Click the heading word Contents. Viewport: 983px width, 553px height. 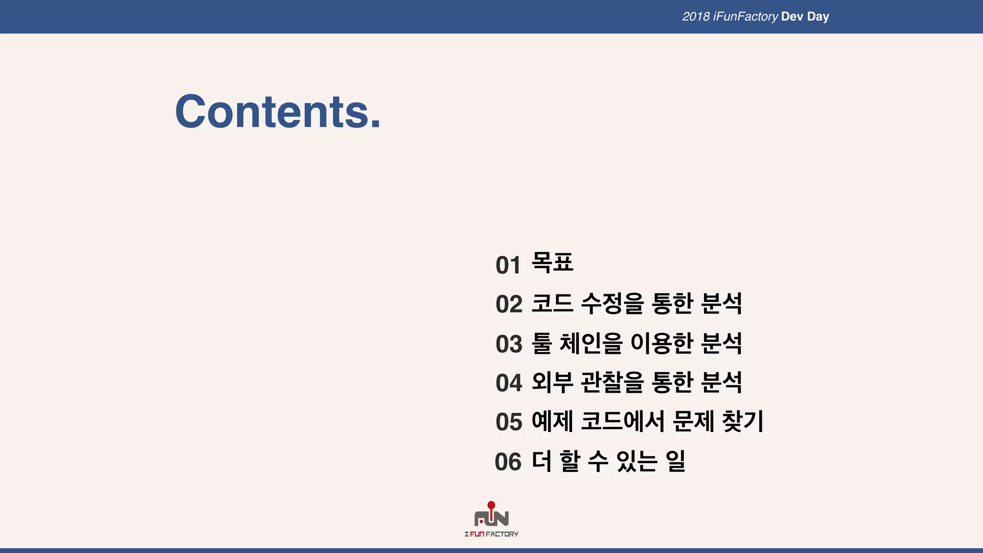pos(277,112)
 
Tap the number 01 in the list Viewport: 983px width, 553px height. pos(508,265)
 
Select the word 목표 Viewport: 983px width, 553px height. pos(552,263)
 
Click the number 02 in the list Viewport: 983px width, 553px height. pos(508,304)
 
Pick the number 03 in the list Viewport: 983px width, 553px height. pos(508,344)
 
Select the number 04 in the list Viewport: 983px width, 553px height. pos(508,383)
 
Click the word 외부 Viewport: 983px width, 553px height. pos(552,383)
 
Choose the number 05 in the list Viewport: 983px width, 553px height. pos(508,422)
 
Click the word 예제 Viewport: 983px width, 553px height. pos(552,421)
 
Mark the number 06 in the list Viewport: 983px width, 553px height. pos(508,462)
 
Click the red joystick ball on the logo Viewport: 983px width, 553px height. pos(491,505)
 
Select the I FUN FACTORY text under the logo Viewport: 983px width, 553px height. pos(491,534)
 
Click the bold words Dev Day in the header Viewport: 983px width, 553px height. pos(805,17)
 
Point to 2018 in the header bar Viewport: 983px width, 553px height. pos(695,17)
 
